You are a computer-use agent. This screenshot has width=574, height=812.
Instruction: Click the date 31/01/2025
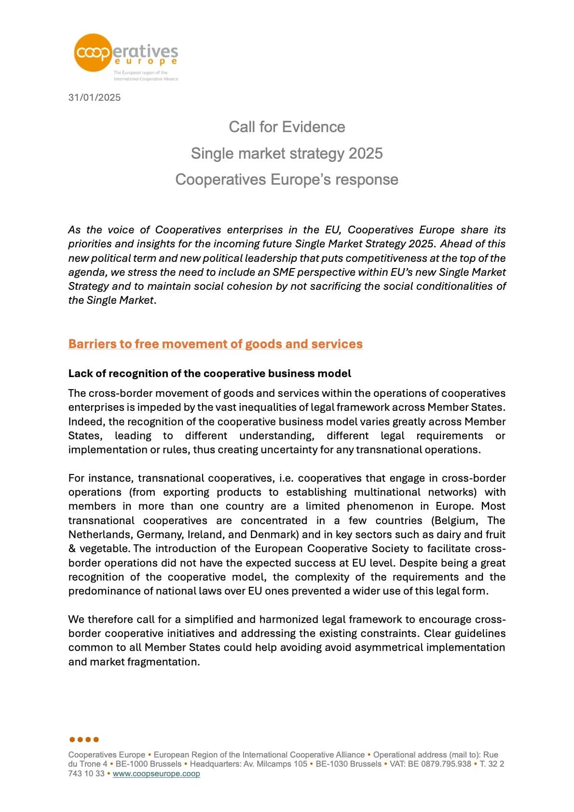coord(95,97)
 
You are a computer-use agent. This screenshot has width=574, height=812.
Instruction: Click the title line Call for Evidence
coord(287,127)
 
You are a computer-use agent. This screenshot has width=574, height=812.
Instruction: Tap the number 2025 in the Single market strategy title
coord(365,153)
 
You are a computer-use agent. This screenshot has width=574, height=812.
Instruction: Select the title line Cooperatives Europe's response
coord(287,179)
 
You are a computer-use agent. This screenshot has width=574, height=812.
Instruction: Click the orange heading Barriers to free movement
coord(215,344)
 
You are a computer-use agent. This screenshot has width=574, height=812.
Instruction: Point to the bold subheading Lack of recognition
coord(209,373)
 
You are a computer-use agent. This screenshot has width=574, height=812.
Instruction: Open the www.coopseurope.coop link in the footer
coord(156,773)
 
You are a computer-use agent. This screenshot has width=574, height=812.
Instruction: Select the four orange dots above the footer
coord(84,739)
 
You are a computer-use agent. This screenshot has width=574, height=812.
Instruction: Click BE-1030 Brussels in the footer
coord(348,764)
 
